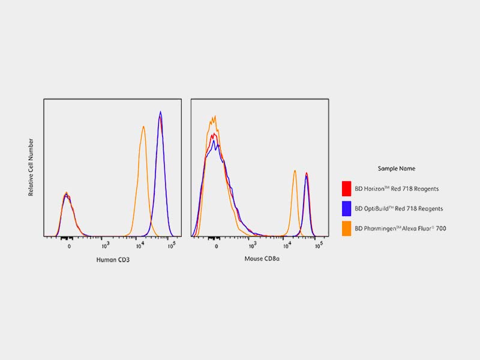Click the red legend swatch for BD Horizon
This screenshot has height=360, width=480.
pyautogui.click(x=346, y=188)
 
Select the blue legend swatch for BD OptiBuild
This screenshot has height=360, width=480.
pyautogui.click(x=346, y=208)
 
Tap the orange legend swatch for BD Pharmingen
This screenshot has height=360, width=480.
pyautogui.click(x=346, y=228)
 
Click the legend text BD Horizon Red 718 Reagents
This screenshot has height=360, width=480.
pyautogui.click(x=397, y=189)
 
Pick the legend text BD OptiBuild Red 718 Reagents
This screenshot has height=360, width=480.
pyautogui.click(x=399, y=209)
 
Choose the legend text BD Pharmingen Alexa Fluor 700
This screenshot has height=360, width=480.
pyautogui.click(x=400, y=229)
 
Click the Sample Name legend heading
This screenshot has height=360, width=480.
pyautogui.click(x=397, y=169)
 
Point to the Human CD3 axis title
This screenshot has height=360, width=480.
pyautogui.click(x=113, y=259)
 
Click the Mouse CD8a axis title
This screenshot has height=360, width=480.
pyautogui.click(x=260, y=259)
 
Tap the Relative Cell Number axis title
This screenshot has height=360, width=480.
pyautogui.click(x=31, y=167)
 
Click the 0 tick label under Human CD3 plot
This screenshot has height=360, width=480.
pyautogui.click(x=69, y=246)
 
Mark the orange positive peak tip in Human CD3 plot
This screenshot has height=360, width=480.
pyautogui.click(x=143, y=126)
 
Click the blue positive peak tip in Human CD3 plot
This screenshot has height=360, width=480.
pyautogui.click(x=160, y=112)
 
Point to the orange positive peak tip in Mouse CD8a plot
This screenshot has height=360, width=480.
pyautogui.click(x=295, y=170)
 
